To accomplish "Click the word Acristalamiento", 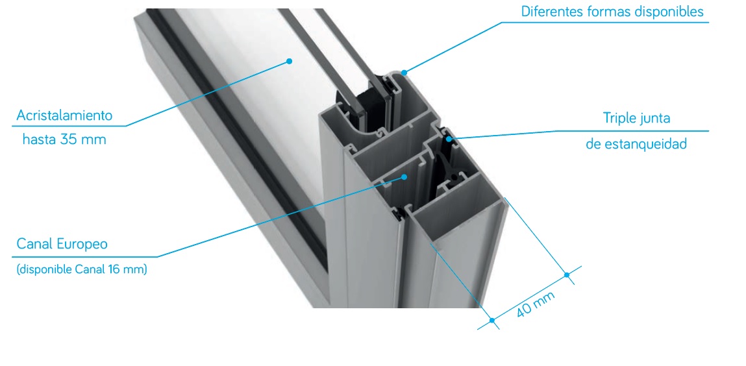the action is [64, 116].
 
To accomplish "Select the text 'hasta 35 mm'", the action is [64, 140].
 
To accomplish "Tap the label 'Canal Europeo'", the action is [62, 244].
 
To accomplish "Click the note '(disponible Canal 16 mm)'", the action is [82, 269].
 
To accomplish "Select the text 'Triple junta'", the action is [636, 118].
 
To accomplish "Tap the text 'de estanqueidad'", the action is [636, 144].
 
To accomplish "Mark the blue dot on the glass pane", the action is [288, 61].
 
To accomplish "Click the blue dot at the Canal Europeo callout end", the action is [404, 177].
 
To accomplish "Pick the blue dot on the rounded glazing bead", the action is [404, 73].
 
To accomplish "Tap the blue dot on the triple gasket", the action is [449, 139].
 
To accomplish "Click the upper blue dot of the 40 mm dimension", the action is [566, 274].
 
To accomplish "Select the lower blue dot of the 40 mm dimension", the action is [492, 321].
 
